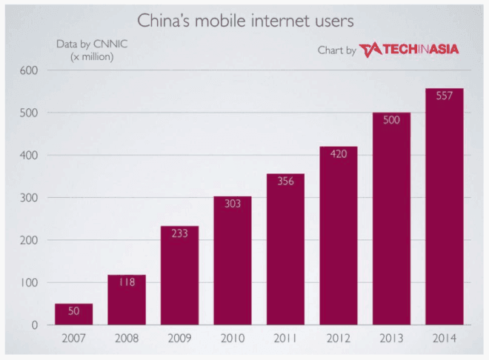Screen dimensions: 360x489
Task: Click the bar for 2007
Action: tap(73, 314)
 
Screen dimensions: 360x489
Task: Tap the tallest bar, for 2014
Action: tap(444, 207)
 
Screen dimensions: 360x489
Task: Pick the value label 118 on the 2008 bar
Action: tap(127, 282)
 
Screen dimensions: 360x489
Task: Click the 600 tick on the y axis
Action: tap(28, 70)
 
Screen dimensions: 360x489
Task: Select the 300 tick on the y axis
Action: tap(28, 198)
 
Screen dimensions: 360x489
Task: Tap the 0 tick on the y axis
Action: tap(35, 325)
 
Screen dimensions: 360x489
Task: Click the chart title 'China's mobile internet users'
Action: tap(244, 19)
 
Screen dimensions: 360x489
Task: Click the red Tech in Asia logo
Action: tap(410, 50)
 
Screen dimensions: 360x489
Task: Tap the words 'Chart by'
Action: tap(337, 50)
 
